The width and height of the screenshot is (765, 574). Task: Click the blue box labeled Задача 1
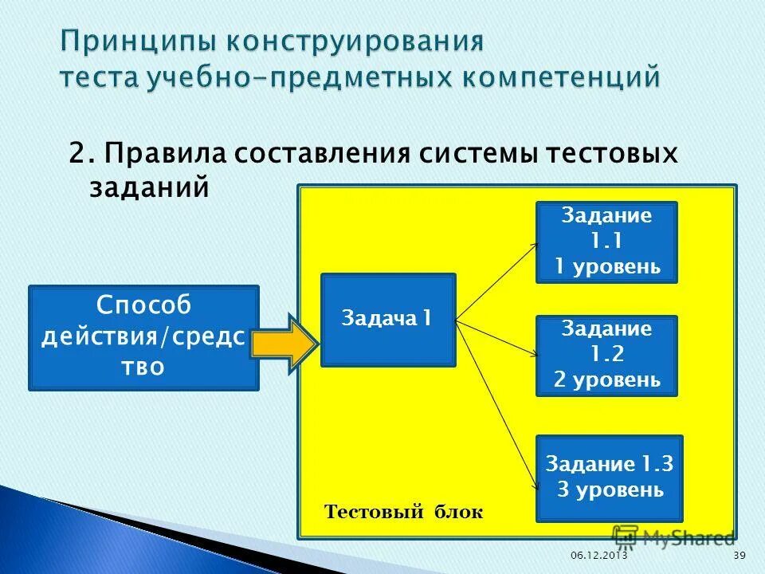point(388,320)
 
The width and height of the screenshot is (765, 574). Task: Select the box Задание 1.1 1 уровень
point(606,242)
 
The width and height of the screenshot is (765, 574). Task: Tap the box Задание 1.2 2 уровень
point(606,356)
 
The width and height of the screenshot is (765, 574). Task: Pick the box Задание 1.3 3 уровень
point(610,478)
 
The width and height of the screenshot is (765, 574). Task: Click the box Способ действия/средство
point(143,338)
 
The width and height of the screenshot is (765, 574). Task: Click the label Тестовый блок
point(403,512)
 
